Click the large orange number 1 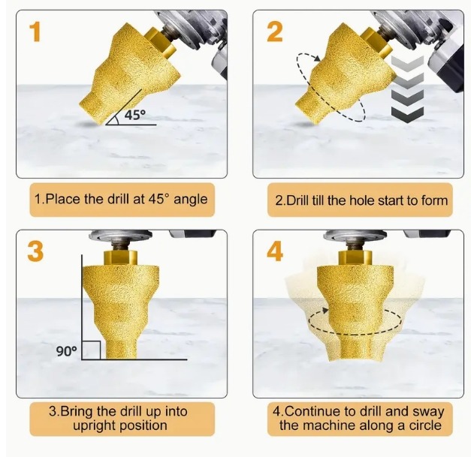(35, 32)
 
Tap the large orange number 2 (274, 32)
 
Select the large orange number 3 (35, 251)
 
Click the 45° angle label (135, 115)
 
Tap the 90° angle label (66, 350)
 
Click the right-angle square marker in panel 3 (91, 350)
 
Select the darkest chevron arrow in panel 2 (407, 114)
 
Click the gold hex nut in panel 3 (120, 257)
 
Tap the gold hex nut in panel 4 (355, 257)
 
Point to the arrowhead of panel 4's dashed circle (325, 310)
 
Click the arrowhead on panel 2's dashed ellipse (317, 59)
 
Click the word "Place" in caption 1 (63, 199)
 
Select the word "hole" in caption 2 (364, 200)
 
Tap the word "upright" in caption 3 (93, 425)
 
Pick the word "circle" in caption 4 (425, 425)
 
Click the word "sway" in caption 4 (428, 412)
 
